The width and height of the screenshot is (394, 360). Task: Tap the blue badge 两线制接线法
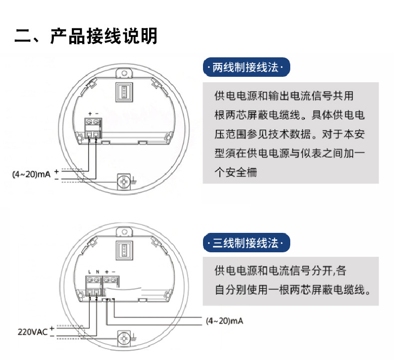click(x=246, y=67)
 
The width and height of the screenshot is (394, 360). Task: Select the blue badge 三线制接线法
click(x=246, y=244)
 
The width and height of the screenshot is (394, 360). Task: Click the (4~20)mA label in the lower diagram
click(x=224, y=321)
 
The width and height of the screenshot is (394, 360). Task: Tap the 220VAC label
click(x=33, y=331)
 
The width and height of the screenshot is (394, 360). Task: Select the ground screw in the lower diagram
click(x=124, y=339)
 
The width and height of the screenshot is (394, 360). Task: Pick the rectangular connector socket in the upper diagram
click(x=123, y=91)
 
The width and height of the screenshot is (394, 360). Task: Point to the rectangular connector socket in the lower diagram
click(x=123, y=249)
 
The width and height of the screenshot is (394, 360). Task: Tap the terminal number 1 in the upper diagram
click(x=90, y=140)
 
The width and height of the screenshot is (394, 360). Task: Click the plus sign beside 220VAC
click(x=52, y=328)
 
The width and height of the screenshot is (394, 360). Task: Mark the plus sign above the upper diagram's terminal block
click(x=90, y=114)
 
